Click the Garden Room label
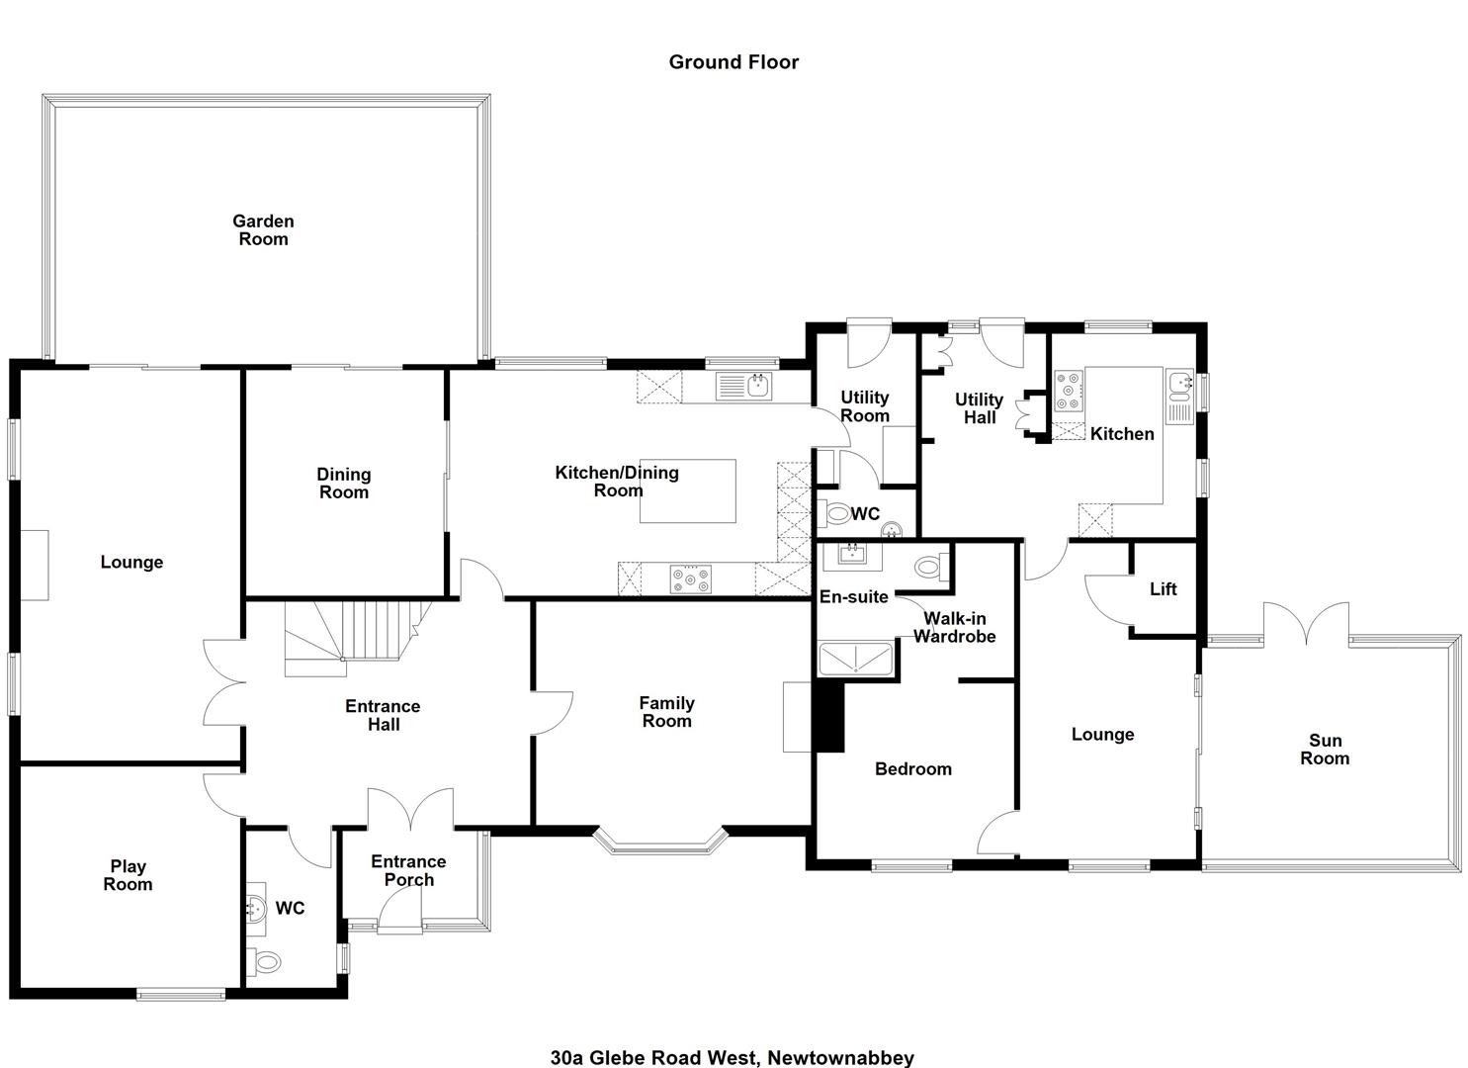(x=263, y=230)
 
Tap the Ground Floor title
(x=734, y=62)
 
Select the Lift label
(x=1163, y=588)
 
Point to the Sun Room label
(x=1325, y=750)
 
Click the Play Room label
(x=128, y=875)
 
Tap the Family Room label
(x=666, y=712)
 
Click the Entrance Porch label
(x=408, y=870)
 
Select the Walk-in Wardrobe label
(x=954, y=627)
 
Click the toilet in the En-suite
(x=931, y=566)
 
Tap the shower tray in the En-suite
(x=855, y=659)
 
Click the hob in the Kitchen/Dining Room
(x=690, y=579)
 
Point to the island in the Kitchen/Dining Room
(x=687, y=491)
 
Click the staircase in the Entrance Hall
(x=357, y=638)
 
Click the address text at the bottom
(x=733, y=1057)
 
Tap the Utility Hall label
(x=979, y=408)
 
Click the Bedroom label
(x=912, y=769)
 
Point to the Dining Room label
(x=343, y=484)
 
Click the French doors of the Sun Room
(x=1306, y=623)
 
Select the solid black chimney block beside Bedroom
(x=828, y=717)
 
